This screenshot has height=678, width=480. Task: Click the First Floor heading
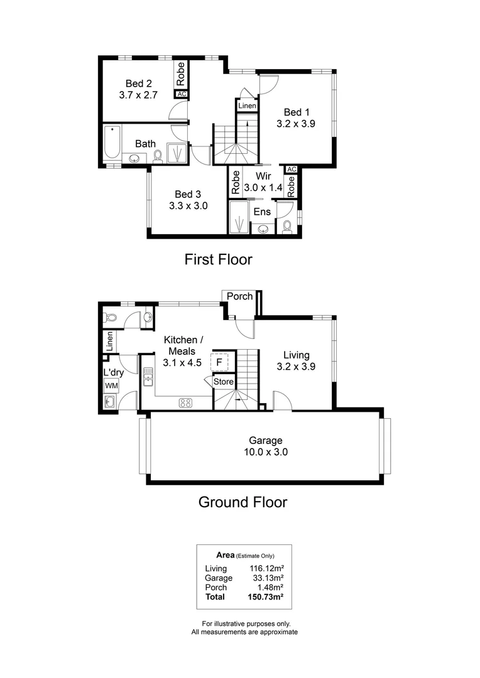[217, 259]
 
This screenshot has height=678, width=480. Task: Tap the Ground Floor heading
[243, 502]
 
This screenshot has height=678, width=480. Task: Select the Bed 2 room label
[138, 83]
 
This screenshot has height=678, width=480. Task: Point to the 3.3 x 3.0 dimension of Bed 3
[188, 205]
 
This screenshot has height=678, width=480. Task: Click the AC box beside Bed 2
[182, 94]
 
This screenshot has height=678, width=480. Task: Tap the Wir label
[263, 177]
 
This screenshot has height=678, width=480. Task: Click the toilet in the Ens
[287, 226]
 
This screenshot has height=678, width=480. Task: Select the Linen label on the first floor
[247, 106]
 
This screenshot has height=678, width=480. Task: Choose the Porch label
[239, 296]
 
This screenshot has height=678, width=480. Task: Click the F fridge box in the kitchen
[219, 362]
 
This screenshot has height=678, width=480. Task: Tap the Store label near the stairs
[223, 382]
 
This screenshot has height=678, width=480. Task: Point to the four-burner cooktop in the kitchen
[186, 403]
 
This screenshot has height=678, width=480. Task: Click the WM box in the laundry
[111, 385]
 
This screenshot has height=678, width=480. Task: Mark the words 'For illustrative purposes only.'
[244, 623]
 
